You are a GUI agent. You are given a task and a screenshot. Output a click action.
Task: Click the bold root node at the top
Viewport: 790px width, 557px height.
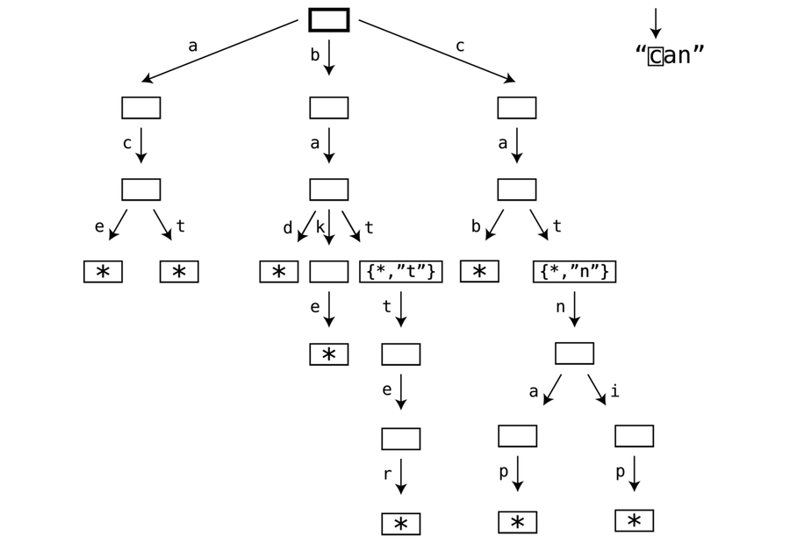(x=328, y=19)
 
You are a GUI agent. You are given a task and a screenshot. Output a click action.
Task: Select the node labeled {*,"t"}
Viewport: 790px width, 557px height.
(x=400, y=272)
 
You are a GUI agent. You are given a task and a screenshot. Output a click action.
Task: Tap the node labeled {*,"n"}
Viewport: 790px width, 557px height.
(x=574, y=272)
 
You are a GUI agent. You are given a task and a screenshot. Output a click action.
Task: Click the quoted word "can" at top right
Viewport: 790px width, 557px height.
(x=670, y=55)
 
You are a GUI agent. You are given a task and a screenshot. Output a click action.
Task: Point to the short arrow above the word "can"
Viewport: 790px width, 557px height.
(x=655, y=23)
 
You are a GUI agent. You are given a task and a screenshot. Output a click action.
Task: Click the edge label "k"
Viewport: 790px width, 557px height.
(x=320, y=227)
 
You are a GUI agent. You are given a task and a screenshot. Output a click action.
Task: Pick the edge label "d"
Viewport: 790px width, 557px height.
(x=287, y=228)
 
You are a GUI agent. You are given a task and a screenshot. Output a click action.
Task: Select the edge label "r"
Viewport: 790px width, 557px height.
(x=387, y=475)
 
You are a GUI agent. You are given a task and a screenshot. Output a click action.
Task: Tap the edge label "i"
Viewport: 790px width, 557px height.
(x=614, y=391)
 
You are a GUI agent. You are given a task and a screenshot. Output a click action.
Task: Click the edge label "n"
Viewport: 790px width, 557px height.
(x=560, y=307)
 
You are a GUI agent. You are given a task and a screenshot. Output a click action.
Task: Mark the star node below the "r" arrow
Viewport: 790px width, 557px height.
(x=400, y=524)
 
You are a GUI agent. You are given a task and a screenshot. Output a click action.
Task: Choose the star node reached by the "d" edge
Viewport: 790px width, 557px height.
(x=278, y=272)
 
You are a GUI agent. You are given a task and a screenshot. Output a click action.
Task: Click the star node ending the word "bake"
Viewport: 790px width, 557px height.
(x=328, y=354)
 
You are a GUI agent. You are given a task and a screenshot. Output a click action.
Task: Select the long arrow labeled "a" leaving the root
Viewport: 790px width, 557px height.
(x=219, y=51)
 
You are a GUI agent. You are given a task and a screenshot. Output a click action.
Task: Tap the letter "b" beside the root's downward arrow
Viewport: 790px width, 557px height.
(x=315, y=55)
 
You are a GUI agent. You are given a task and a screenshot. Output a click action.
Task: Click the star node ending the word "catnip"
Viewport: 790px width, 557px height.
(x=634, y=521)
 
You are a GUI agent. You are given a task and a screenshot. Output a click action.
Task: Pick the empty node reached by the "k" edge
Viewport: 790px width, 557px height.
(x=328, y=272)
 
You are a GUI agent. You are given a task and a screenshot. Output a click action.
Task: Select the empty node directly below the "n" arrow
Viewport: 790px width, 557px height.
(x=574, y=353)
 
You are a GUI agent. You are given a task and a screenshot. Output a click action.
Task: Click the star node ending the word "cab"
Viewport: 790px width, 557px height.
(x=479, y=272)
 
